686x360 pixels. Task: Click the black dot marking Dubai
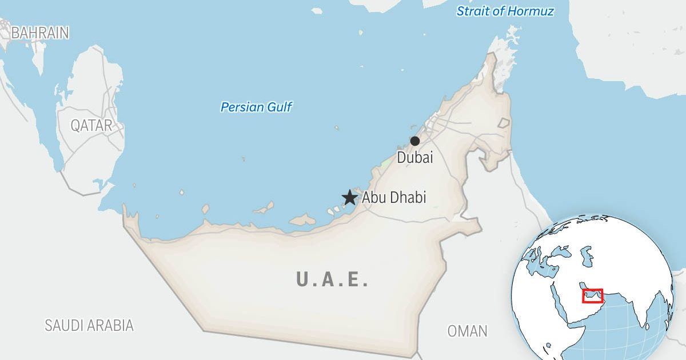click(415, 141)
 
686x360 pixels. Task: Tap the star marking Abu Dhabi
click(349, 198)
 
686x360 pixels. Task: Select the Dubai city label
click(415, 157)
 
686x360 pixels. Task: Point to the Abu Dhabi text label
click(394, 198)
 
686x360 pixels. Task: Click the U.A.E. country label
click(332, 279)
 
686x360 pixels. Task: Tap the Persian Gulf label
click(256, 107)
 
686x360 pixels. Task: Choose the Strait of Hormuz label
click(505, 11)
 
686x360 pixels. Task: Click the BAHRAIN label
click(40, 33)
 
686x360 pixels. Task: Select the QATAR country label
click(91, 126)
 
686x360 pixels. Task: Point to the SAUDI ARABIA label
click(89, 325)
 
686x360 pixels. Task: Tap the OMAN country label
click(467, 330)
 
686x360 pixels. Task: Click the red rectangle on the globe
click(592, 295)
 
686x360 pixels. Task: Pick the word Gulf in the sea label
click(280, 107)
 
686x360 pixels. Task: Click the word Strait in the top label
click(471, 11)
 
